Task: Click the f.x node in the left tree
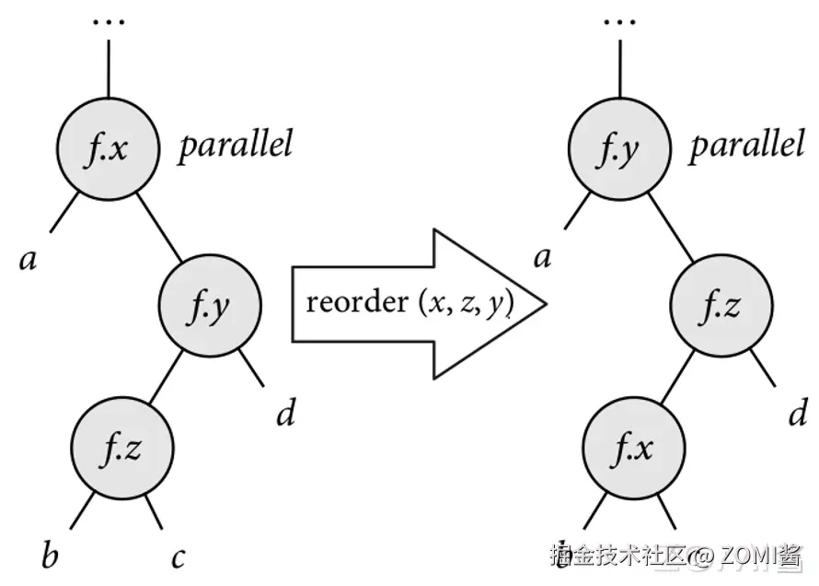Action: pyautogui.click(x=108, y=148)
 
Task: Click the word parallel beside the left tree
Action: pyautogui.click(x=235, y=145)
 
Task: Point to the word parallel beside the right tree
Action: pyautogui.click(x=746, y=145)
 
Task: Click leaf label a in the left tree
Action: pyautogui.click(x=28, y=259)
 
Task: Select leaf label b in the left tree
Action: pyautogui.click(x=50, y=556)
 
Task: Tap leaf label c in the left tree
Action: pyautogui.click(x=178, y=557)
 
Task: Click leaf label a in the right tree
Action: pyautogui.click(x=543, y=256)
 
